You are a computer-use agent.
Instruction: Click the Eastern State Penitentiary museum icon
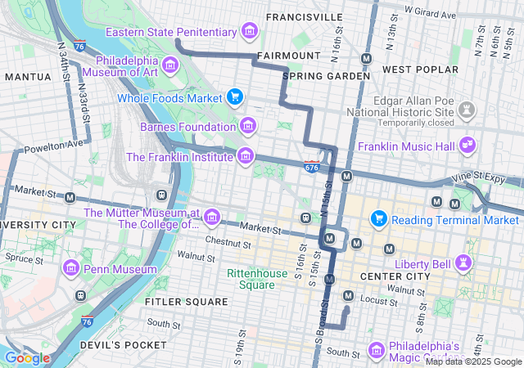click(250, 32)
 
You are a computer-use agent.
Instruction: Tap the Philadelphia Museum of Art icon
click(169, 65)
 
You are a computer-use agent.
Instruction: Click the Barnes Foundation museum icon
click(246, 126)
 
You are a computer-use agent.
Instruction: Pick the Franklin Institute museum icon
click(245, 155)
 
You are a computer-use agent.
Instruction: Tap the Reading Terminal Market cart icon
click(378, 218)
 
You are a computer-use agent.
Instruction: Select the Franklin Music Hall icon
click(468, 146)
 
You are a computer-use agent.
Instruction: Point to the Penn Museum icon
click(71, 268)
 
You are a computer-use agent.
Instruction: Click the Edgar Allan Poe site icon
click(468, 109)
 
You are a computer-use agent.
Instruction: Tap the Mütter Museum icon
click(212, 218)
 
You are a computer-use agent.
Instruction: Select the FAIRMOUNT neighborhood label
click(289, 56)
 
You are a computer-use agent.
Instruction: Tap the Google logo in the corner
click(27, 357)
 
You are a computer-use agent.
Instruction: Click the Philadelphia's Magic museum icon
click(377, 349)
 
